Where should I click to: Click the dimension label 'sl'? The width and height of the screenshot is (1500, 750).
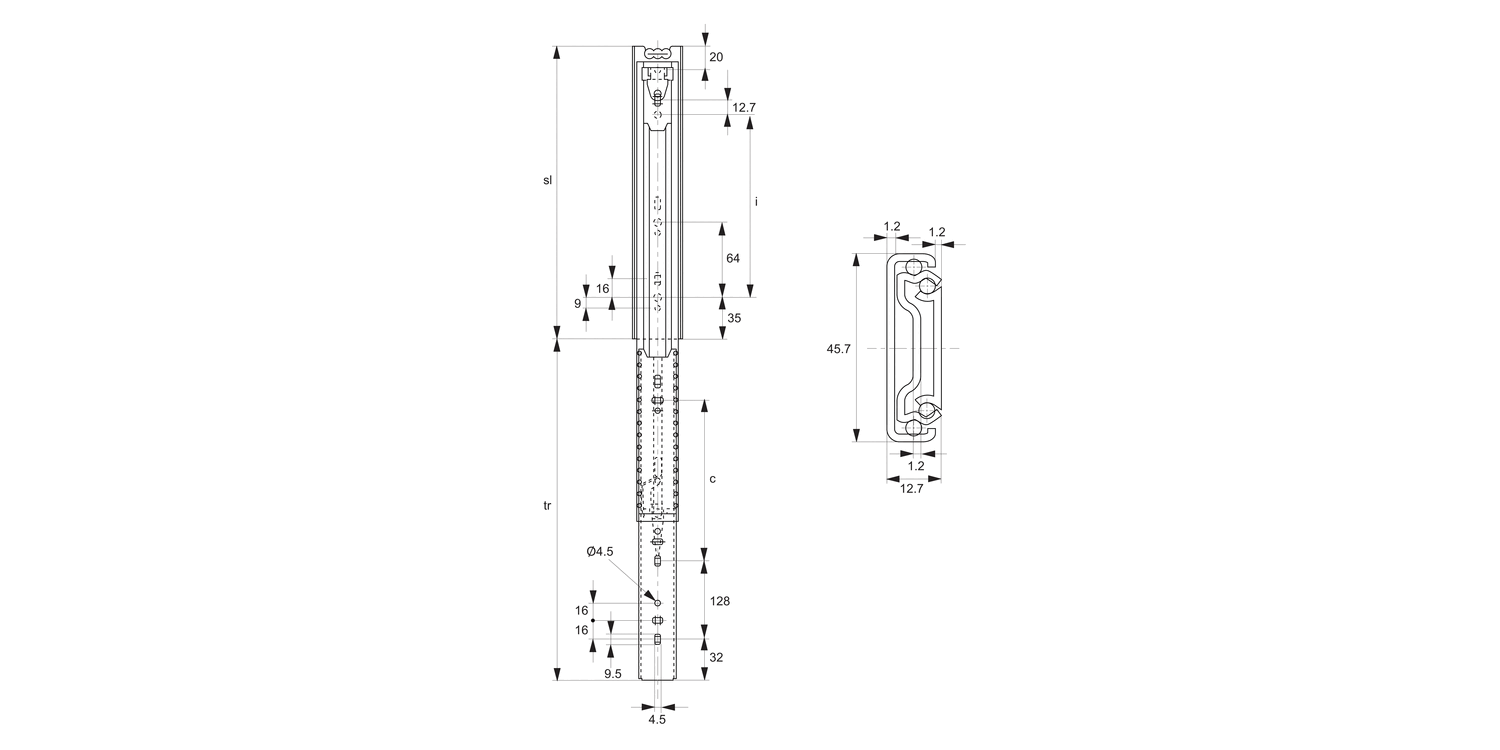click(547, 181)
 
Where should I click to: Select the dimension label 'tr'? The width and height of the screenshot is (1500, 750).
click(547, 506)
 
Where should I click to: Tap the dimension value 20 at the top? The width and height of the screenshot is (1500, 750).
click(716, 57)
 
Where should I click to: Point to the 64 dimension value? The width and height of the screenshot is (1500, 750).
click(733, 258)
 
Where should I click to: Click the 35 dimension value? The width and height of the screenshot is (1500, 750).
click(733, 318)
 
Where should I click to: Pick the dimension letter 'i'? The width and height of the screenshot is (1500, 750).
click(757, 202)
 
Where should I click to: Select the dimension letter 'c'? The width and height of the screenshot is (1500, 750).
click(712, 479)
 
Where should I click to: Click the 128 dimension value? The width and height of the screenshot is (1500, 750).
click(719, 601)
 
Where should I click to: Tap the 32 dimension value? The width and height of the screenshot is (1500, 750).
click(716, 657)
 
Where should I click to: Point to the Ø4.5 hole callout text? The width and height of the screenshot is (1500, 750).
click(600, 551)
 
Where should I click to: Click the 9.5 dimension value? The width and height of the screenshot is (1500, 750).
click(613, 674)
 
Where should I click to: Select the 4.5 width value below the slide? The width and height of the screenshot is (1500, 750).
click(657, 718)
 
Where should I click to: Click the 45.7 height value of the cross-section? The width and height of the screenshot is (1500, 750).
click(839, 349)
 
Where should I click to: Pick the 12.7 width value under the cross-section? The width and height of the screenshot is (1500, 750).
click(911, 488)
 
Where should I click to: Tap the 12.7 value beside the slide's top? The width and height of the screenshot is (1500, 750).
click(743, 107)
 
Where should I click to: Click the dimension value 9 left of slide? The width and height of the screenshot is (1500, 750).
click(578, 303)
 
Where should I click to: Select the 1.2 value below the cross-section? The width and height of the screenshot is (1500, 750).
click(916, 465)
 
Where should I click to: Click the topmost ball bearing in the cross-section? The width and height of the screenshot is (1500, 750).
click(912, 268)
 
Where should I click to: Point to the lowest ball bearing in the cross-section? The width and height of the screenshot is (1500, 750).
click(915, 429)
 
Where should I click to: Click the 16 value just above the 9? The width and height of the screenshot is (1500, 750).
click(603, 288)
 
